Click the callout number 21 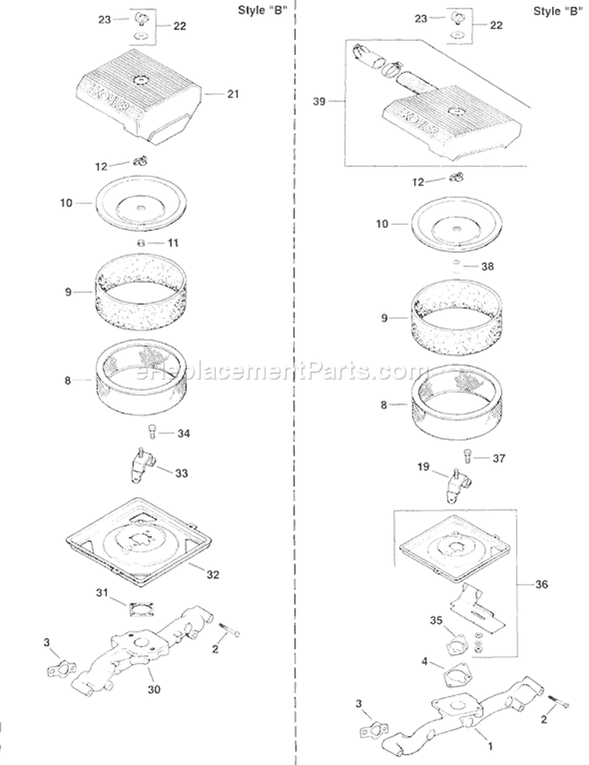232,95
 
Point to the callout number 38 488,266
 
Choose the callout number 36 542,584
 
